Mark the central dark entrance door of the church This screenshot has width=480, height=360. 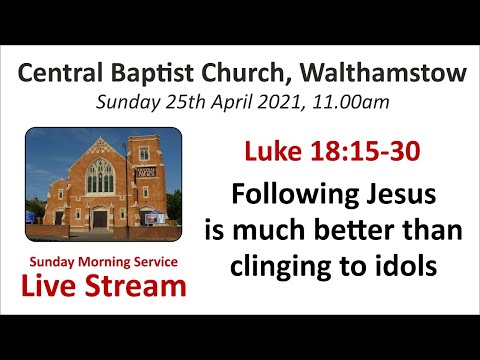point(100,217)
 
